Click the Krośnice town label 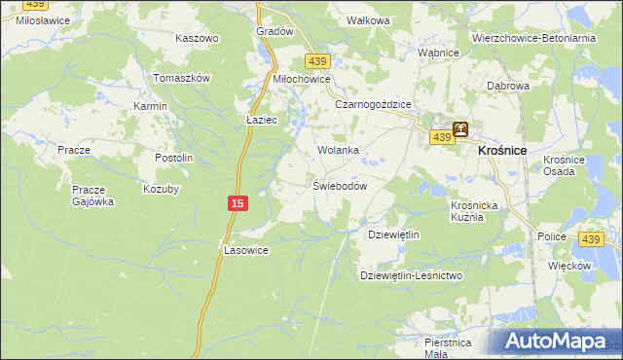(502, 151)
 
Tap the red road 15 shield (238, 202)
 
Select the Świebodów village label (339, 186)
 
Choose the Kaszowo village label (197, 38)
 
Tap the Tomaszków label (183, 78)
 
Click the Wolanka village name (339, 150)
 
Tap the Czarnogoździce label (374, 104)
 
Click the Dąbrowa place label (507, 86)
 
